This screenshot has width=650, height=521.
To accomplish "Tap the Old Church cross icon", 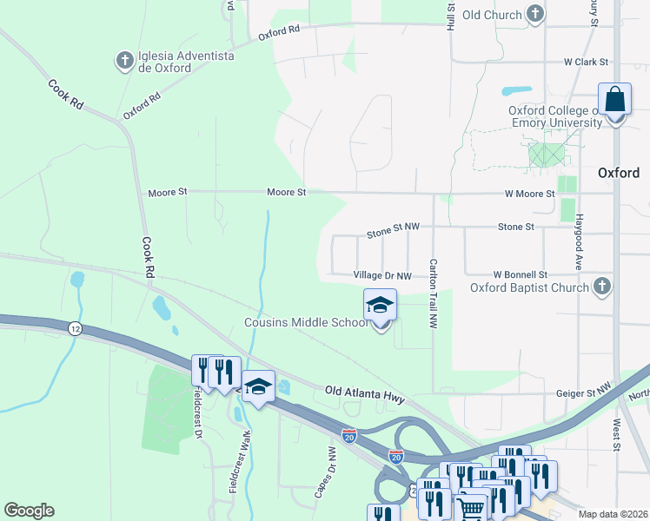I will (x=536, y=14).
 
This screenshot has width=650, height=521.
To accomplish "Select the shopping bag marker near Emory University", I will (x=614, y=100).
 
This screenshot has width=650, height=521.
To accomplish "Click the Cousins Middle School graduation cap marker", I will (x=380, y=306).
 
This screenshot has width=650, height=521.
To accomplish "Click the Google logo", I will (x=29, y=511).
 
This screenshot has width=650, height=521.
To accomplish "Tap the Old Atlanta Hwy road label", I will (x=365, y=395).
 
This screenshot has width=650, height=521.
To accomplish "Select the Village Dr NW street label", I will (x=382, y=274).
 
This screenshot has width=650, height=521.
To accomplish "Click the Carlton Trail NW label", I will (x=432, y=293).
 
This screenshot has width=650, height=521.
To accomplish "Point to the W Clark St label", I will (x=587, y=63).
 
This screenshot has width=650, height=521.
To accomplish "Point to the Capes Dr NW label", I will (x=326, y=474).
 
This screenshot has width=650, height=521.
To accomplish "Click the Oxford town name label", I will (x=619, y=173).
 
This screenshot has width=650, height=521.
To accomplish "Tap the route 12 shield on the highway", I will (x=76, y=327).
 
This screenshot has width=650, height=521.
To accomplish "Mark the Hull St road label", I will (x=451, y=16).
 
